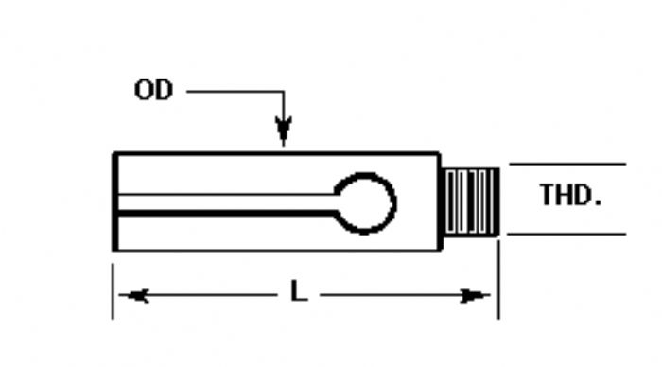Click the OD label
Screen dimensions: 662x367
click(x=154, y=92)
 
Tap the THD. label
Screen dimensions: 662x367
click(x=570, y=196)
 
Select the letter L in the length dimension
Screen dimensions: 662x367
click(x=299, y=293)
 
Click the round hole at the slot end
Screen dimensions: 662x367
click(x=367, y=202)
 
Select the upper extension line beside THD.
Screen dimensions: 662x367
click(x=567, y=165)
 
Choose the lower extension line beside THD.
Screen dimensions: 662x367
click(x=567, y=234)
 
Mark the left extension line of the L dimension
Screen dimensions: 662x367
click(x=113, y=288)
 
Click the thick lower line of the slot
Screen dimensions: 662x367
click(x=227, y=214)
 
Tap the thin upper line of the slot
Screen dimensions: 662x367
click(x=227, y=195)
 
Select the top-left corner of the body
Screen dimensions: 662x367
click(x=115, y=153)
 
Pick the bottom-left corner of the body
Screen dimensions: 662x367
click(x=115, y=250)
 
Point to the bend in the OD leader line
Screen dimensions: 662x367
click(x=283, y=92)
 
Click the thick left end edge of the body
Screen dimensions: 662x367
click(x=115, y=201)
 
